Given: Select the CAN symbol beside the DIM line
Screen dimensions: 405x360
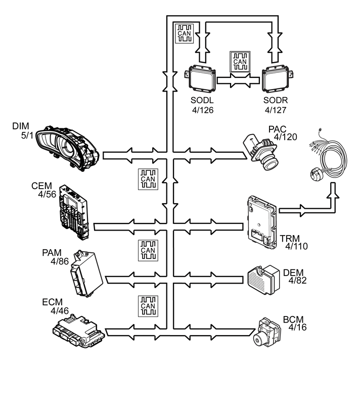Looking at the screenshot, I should pyautogui.click(x=148, y=178).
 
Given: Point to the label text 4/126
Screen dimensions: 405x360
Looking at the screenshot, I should pyautogui.click(x=203, y=110).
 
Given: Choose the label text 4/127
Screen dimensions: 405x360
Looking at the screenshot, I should pyautogui.click(x=276, y=110).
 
